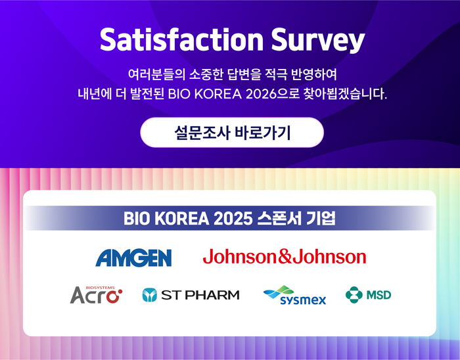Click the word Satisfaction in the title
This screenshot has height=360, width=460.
pos(181,40)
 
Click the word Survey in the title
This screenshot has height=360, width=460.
pos(318,41)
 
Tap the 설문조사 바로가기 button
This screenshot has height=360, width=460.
pos(232,133)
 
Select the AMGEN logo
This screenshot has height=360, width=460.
pos(133,258)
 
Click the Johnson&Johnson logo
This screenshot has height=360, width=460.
pos(285,256)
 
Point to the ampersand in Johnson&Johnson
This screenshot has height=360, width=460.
pos(285,256)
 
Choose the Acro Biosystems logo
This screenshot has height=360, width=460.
pos(96,295)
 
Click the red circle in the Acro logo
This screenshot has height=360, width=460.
pos(113,296)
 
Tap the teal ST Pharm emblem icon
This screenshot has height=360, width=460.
pos(150,295)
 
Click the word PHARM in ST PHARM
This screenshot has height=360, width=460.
pos(212,295)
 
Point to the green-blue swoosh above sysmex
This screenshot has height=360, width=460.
pos(279,292)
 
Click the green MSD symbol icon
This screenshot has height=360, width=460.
pos(354,294)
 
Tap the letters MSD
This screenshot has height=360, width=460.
pos(379,295)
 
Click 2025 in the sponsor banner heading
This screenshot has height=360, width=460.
pos(233,219)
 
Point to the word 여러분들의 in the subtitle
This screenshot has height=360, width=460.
pos(156,74)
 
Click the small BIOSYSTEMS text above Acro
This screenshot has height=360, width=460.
pos(101,288)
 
